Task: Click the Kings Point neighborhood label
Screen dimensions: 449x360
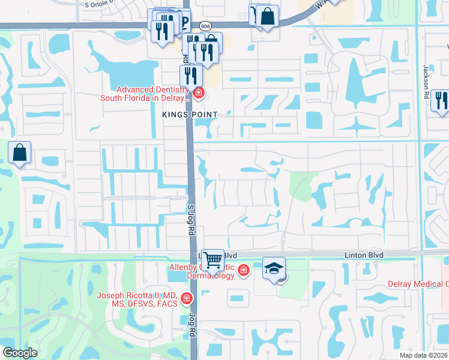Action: tap(188, 114)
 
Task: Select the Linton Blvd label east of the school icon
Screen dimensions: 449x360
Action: tap(364, 255)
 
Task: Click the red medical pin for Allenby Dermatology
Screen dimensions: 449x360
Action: tap(243, 271)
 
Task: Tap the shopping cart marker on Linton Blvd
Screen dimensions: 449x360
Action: tap(212, 260)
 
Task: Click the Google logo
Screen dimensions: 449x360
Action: tap(20, 353)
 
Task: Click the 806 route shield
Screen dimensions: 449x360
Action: tap(206, 26)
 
